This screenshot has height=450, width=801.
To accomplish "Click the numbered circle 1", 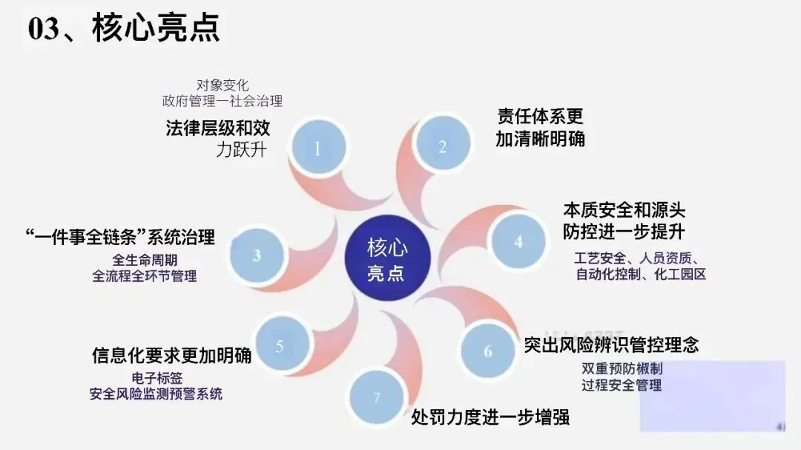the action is [317, 148].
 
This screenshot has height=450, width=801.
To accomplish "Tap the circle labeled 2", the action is [442, 146].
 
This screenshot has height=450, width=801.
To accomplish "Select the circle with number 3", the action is [257, 255].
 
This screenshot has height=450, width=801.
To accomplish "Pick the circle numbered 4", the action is [518, 241].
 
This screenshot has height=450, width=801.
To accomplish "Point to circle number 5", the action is [280, 346].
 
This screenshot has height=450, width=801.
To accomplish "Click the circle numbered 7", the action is [377, 398].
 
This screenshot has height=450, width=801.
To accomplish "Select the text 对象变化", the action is [222, 85].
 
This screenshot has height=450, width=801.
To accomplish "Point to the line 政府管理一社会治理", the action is [222, 100].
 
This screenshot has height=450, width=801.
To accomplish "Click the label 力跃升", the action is [241, 149].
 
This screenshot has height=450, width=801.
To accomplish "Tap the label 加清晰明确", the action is [540, 137].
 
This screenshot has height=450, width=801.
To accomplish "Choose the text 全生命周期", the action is [145, 260].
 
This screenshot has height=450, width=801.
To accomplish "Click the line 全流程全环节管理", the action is [145, 276].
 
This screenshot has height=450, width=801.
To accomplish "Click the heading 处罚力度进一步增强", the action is [490, 416].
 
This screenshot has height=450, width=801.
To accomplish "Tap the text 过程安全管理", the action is [622, 385].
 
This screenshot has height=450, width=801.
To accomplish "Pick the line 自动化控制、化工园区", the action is [641, 275].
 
